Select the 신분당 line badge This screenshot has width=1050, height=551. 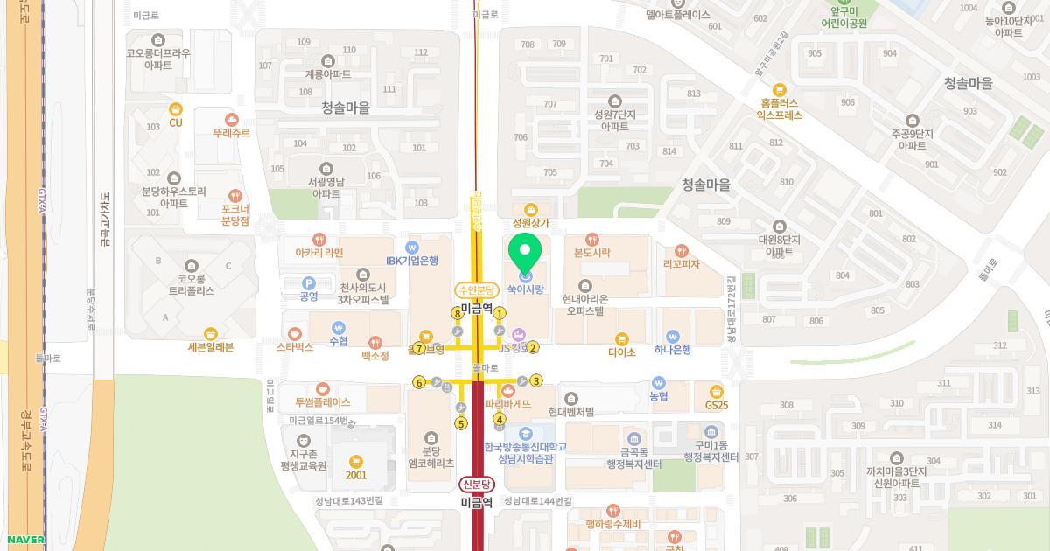[x=477, y=485]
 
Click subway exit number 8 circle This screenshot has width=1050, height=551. [x=457, y=313]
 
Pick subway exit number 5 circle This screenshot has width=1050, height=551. [x=461, y=423]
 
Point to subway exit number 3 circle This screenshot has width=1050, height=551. [x=536, y=380]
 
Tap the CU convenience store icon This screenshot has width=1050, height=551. [x=176, y=108]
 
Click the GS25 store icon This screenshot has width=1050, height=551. [x=717, y=391]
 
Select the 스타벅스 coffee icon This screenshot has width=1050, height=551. [x=295, y=333]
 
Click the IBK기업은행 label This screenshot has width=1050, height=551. [x=412, y=261]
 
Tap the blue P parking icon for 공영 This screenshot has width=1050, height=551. [x=308, y=282]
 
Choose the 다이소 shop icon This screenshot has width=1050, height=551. [x=622, y=338]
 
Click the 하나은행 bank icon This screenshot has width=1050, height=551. [x=673, y=336]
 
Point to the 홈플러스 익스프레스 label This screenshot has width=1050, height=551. [x=780, y=108]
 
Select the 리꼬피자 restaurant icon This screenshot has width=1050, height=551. [x=682, y=251]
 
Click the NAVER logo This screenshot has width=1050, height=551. [x=24, y=540]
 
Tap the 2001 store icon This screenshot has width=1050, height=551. [x=355, y=461]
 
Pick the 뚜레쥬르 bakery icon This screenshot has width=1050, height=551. [x=232, y=119]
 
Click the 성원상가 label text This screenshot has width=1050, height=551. [x=530, y=223]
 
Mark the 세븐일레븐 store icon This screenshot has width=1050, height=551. [x=211, y=333]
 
